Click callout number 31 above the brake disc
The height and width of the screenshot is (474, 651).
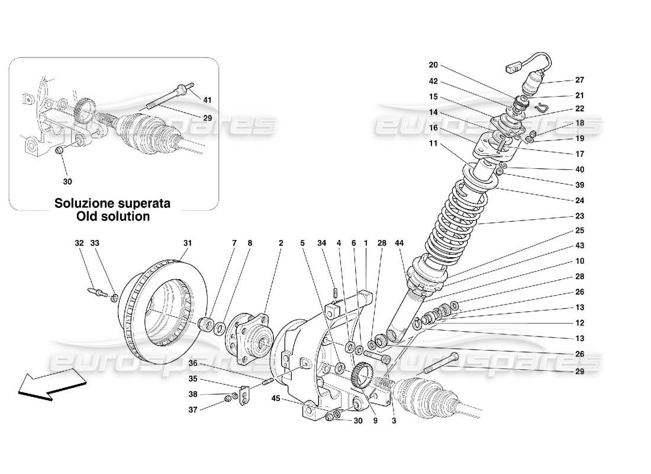(x=188, y=243)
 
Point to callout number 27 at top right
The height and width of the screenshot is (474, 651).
(x=579, y=81)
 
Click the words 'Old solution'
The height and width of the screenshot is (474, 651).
(x=112, y=216)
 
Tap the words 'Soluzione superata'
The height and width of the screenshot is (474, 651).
(x=112, y=203)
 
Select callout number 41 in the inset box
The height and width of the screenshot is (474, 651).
(x=207, y=100)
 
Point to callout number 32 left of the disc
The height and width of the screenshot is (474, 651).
(x=79, y=243)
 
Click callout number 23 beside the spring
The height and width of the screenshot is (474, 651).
(x=579, y=216)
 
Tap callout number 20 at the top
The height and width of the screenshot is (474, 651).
(x=433, y=65)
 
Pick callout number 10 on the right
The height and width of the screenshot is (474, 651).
(x=579, y=261)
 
